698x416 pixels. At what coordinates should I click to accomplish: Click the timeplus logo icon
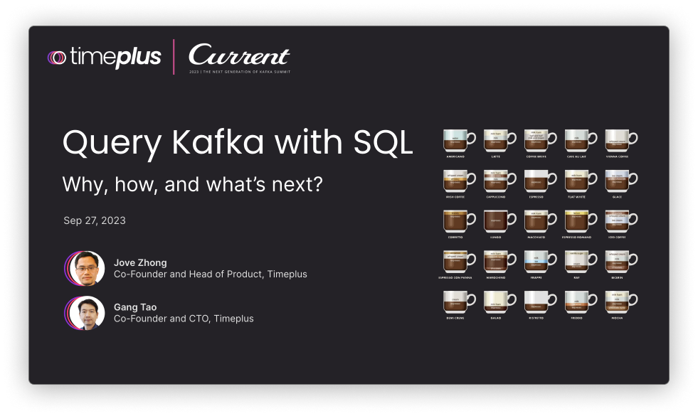click(57, 58)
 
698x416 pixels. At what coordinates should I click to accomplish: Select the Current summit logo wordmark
click(239, 56)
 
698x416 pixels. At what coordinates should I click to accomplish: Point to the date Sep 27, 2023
click(95, 220)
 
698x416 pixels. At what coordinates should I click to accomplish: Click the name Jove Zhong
click(140, 262)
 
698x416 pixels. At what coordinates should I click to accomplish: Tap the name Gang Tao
click(135, 307)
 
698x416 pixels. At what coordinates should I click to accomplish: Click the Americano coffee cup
click(456, 140)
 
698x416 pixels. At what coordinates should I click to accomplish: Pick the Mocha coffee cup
click(617, 302)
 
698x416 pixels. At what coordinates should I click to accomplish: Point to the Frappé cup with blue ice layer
click(536, 262)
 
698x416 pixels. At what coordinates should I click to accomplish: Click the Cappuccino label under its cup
click(496, 197)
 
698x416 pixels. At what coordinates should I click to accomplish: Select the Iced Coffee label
click(617, 238)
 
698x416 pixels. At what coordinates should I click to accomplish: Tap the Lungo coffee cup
click(496, 222)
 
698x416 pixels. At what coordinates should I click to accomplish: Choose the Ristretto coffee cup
click(536, 302)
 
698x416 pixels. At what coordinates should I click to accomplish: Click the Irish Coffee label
click(455, 197)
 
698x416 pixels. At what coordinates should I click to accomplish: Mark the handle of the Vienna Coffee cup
click(632, 139)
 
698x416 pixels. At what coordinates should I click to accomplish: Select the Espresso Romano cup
click(576, 222)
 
